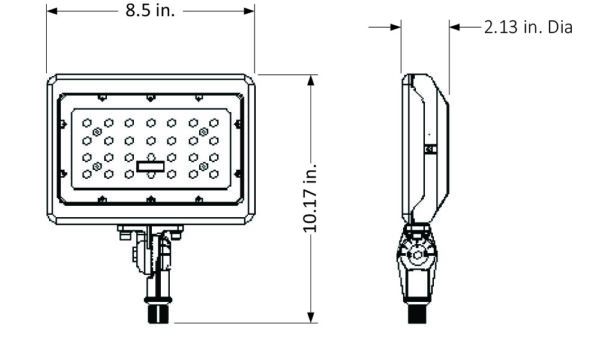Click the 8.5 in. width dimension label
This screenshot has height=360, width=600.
(x=149, y=13)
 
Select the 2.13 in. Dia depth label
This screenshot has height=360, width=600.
(x=527, y=27)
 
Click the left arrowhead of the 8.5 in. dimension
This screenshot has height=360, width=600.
(x=52, y=13)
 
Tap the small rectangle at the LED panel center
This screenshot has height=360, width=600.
(x=150, y=166)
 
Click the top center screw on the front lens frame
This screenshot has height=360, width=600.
(x=150, y=98)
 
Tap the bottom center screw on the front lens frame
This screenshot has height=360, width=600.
(x=150, y=201)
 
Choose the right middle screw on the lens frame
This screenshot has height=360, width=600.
(x=239, y=150)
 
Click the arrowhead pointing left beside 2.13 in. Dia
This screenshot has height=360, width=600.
(x=455, y=27)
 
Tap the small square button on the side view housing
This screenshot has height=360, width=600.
(x=430, y=149)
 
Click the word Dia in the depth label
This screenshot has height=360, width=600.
(x=559, y=27)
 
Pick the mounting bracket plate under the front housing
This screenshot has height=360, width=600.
(x=150, y=233)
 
